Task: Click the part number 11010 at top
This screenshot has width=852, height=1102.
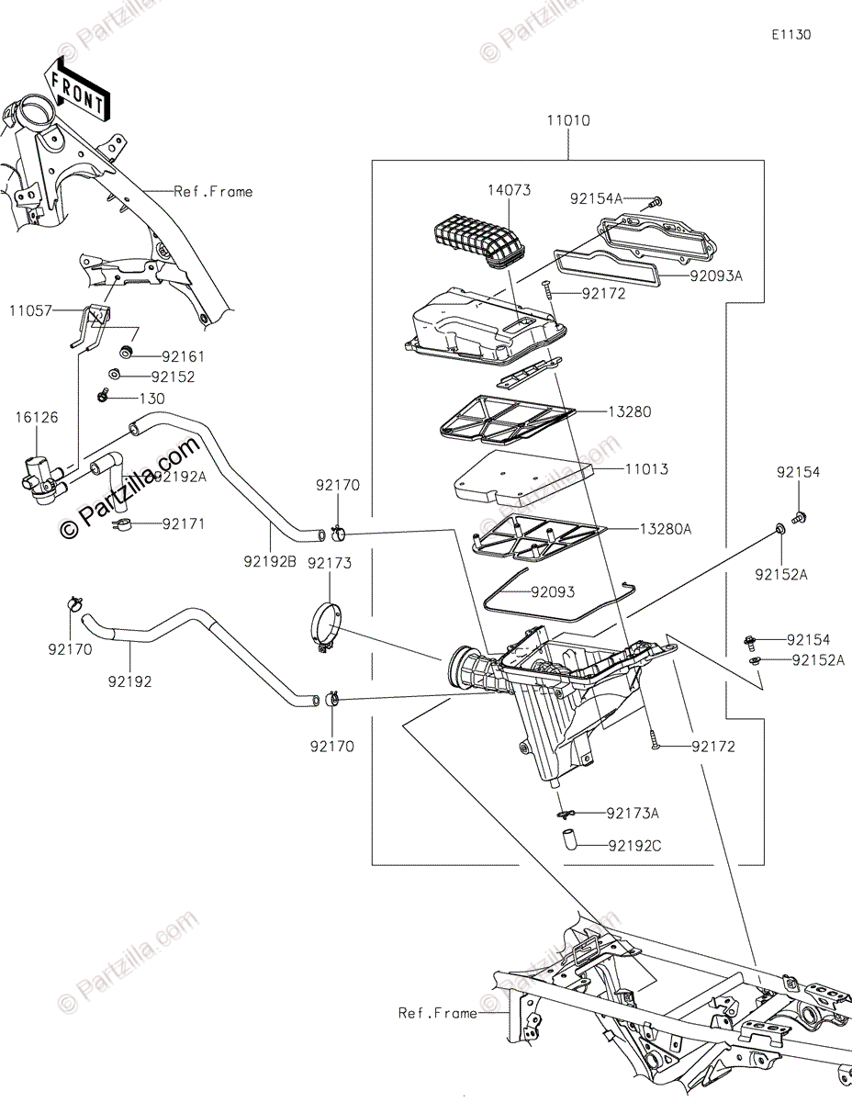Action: [x=568, y=120]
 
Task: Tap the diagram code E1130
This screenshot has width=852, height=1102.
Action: [x=790, y=35]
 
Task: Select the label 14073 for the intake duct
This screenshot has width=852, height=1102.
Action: [x=510, y=190]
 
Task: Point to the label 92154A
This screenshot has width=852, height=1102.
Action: [x=595, y=198]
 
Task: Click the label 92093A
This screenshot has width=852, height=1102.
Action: [x=716, y=275]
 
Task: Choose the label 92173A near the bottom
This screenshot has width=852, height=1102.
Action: [x=633, y=814]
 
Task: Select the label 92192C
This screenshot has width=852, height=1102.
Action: [x=633, y=845]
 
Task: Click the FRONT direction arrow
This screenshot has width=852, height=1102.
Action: [x=77, y=89]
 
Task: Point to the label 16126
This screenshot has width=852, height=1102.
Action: [x=36, y=418]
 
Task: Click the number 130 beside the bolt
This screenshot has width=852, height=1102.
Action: [x=152, y=399]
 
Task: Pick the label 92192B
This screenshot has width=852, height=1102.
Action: [x=270, y=560]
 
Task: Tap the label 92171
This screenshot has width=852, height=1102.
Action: [x=184, y=524]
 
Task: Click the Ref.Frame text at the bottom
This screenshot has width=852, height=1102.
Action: [x=437, y=1013]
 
